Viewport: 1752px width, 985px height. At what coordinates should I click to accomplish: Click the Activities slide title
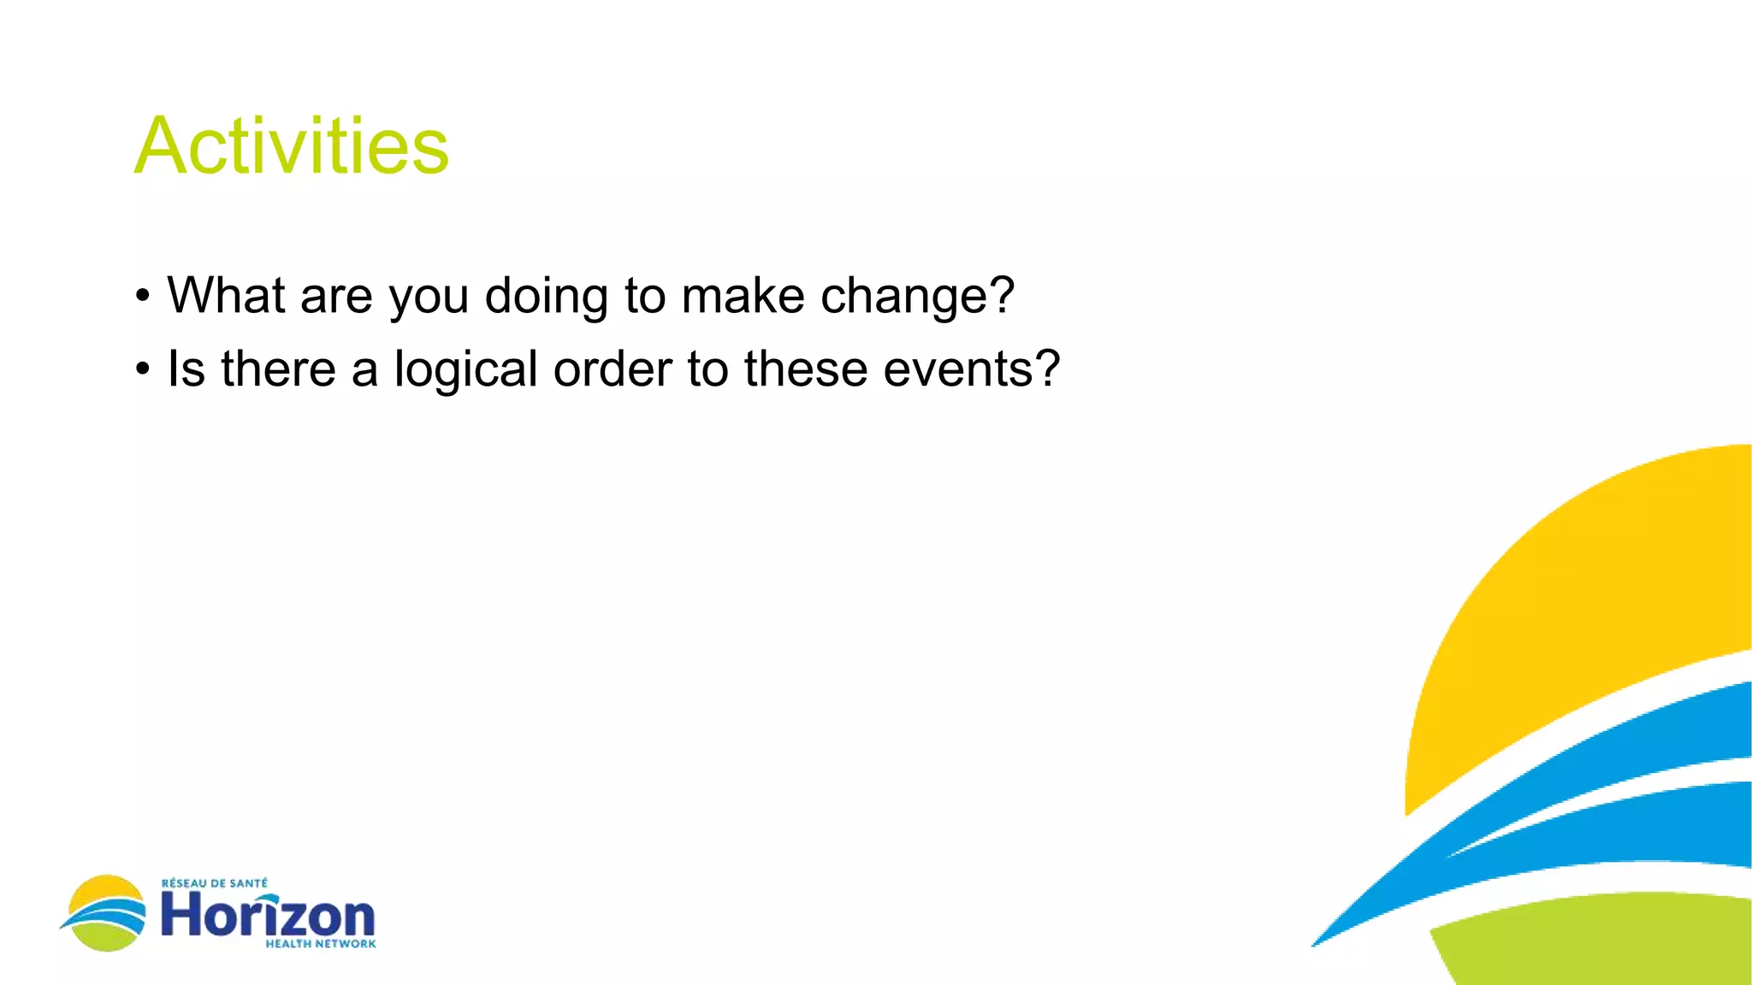(x=291, y=146)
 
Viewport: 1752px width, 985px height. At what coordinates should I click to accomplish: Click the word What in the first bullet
(x=226, y=296)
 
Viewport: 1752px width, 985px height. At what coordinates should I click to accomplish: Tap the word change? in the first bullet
(x=917, y=296)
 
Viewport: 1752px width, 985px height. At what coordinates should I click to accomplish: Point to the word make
(x=743, y=296)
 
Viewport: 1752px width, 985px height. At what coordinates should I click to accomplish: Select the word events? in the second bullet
(x=971, y=369)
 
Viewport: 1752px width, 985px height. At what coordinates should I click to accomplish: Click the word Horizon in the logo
(x=268, y=916)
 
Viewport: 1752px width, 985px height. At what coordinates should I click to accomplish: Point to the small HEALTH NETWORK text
(x=321, y=944)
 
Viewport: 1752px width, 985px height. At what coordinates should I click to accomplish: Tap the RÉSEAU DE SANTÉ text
(x=215, y=883)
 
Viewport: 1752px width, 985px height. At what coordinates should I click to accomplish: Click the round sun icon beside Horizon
(x=105, y=913)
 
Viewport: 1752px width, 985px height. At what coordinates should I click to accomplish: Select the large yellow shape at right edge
(x=1583, y=599)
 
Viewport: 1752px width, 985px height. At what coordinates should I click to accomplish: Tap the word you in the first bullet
(x=429, y=298)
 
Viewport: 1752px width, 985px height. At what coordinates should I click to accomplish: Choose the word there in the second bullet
(x=278, y=369)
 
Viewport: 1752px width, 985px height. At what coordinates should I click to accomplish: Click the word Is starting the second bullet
(x=186, y=369)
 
